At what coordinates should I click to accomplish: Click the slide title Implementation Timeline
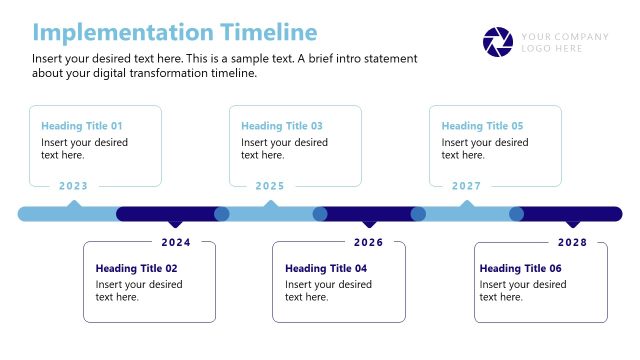pos(175,32)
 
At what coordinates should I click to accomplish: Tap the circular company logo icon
pos(497,42)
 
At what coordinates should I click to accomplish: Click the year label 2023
pos(73,186)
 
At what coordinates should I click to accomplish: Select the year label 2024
pos(176,242)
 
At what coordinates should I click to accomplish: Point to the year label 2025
pos(270,186)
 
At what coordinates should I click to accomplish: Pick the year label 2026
pos(368,242)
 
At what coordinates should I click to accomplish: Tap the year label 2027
pos(466,186)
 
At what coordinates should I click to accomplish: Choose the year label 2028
pos(572,242)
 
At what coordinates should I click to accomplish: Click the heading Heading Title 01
pos(82,126)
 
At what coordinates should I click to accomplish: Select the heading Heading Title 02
pos(136,268)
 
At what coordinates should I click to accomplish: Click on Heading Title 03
pos(282,126)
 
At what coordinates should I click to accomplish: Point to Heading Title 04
pos(326,268)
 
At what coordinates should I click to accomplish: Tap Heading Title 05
pos(482,126)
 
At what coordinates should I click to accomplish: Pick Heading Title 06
pos(520,268)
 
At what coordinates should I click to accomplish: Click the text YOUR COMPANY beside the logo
pos(564,37)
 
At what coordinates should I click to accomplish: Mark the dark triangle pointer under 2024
pos(176,223)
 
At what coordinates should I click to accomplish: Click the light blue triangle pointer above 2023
pos(73,204)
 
